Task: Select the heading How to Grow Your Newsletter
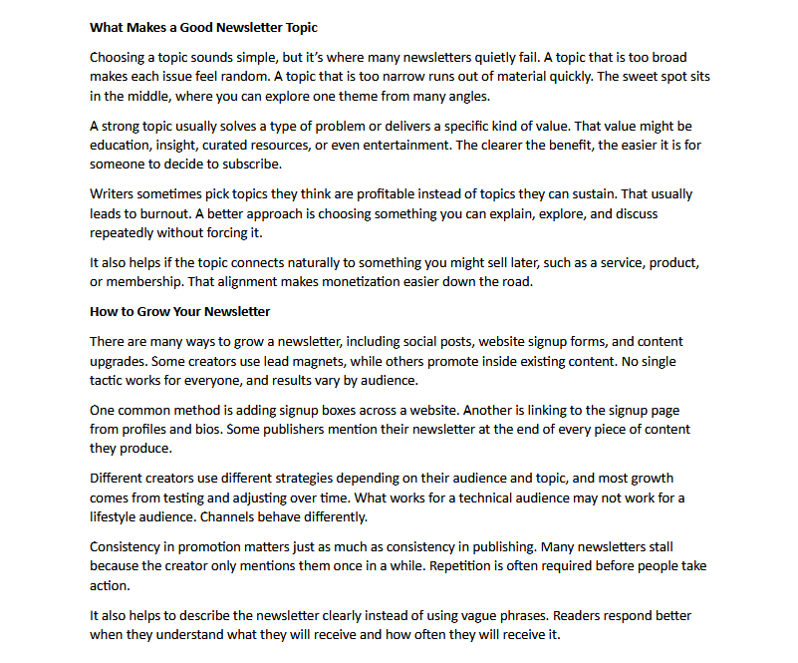tap(179, 311)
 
